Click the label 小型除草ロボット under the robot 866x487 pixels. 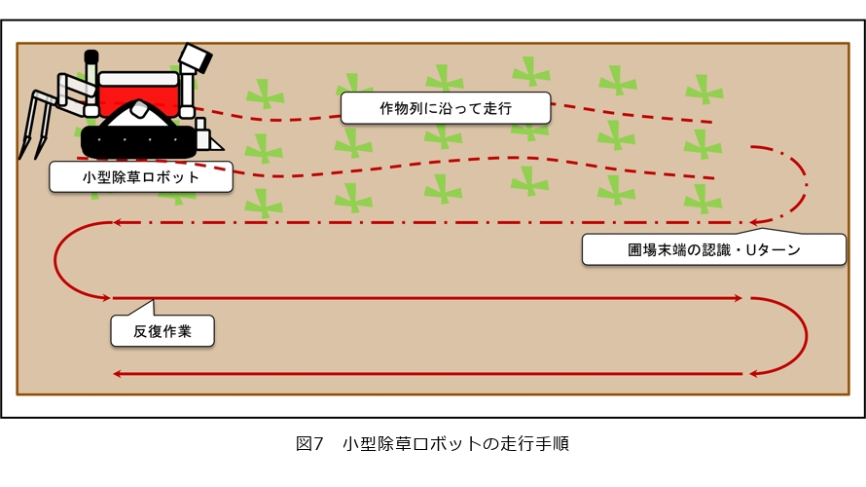[141, 177]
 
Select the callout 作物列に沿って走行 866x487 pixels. [446, 108]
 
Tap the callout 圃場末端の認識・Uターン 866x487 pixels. [714, 248]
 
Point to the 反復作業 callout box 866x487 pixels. [162, 330]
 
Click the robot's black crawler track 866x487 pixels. [138, 141]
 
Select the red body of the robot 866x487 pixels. [138, 94]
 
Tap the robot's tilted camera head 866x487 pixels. [195, 56]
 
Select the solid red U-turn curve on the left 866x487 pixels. [55, 260]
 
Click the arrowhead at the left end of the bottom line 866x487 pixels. [117, 374]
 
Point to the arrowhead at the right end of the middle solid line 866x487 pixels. [739, 298]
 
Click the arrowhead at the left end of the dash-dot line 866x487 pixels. [117, 223]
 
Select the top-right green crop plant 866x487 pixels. [704, 90]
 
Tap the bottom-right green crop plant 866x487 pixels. [704, 199]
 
